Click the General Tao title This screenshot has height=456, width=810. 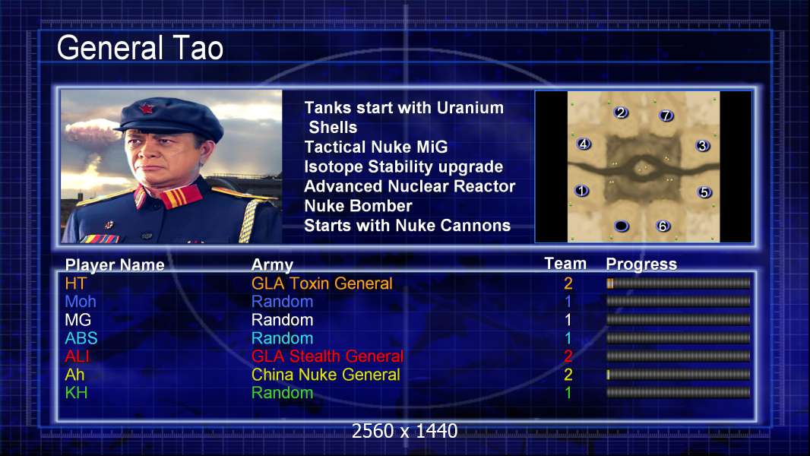pos(140,48)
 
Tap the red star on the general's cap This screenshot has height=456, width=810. pos(147,109)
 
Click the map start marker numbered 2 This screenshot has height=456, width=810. pos(621,112)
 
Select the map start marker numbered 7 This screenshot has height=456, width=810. pos(666,116)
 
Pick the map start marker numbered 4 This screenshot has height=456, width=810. pos(584,144)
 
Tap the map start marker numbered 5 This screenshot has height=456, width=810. pos(704,192)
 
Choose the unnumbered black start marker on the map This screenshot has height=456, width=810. pos(622,226)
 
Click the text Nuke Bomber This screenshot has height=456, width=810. pos(358,205)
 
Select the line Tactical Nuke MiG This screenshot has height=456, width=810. pos(375,147)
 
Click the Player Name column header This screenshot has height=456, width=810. pos(115,265)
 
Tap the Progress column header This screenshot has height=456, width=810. pos(641,264)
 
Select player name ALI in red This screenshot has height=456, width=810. pos(77,356)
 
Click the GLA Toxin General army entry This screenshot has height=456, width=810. pos(322,283)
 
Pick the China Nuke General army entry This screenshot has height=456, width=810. pos(325,375)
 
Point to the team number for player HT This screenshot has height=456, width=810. pos(568,283)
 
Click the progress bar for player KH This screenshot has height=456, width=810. pos(679,392)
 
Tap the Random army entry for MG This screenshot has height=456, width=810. pos(282,320)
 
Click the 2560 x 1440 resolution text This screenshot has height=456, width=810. pos(404,431)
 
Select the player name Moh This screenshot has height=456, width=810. pos(81,302)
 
